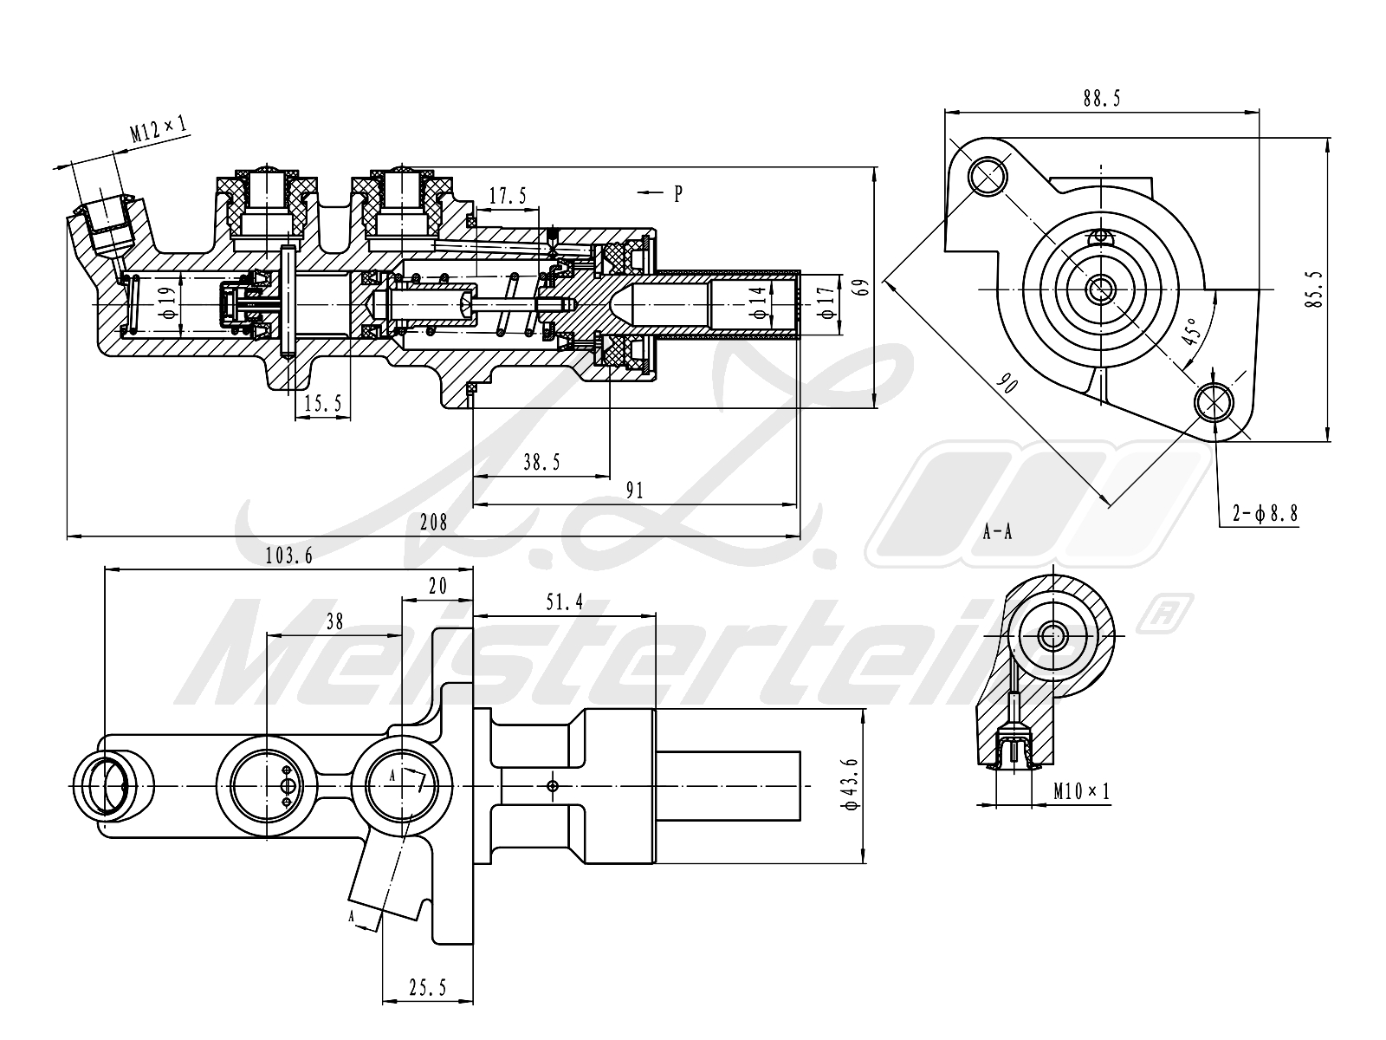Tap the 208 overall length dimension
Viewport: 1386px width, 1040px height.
pyautogui.click(x=434, y=523)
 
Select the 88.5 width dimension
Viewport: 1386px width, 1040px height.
pyautogui.click(x=1102, y=99)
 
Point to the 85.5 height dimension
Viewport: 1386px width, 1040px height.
pyautogui.click(x=1315, y=289)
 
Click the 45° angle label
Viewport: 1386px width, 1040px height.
pyautogui.click(x=1190, y=331)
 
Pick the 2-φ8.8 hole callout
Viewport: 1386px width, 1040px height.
pyautogui.click(x=1266, y=514)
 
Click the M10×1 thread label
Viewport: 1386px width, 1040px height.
pyautogui.click(x=1082, y=790)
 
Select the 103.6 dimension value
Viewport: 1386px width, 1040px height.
pyautogui.click(x=289, y=555)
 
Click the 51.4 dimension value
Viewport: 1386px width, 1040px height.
pyautogui.click(x=565, y=602)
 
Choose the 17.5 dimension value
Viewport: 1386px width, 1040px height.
pyautogui.click(x=508, y=196)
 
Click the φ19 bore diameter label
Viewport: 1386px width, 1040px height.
pyautogui.click(x=169, y=303)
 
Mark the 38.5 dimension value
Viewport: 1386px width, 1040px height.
pyautogui.click(x=541, y=463)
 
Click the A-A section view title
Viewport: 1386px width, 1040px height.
pyautogui.click(x=998, y=532)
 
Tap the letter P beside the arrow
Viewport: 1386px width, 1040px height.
pyautogui.click(x=678, y=193)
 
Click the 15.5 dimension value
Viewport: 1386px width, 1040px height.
pyautogui.click(x=322, y=403)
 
